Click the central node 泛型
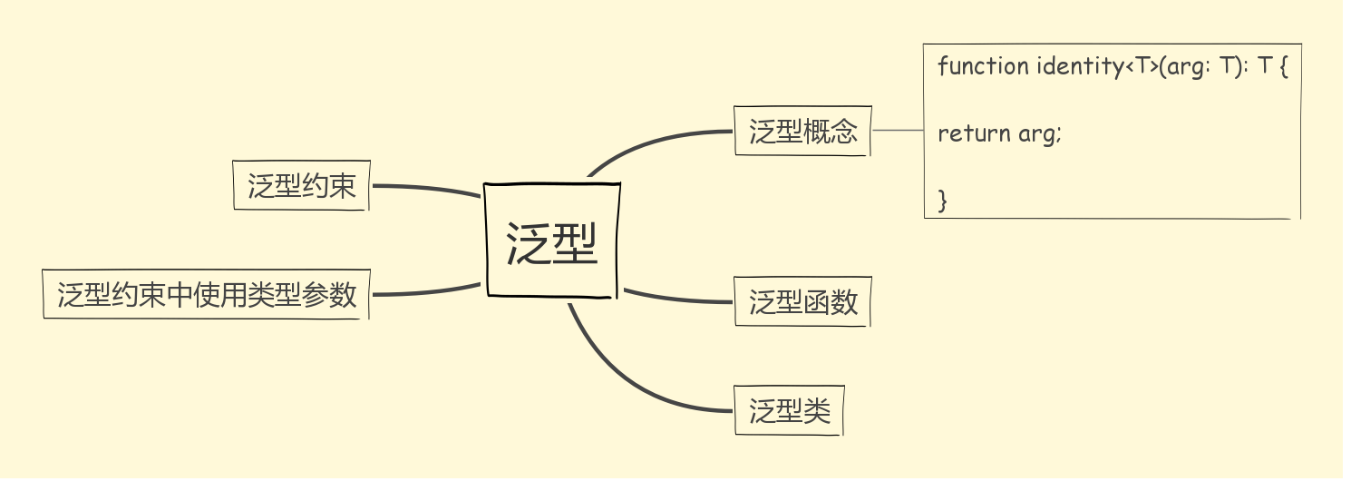tap(552, 240)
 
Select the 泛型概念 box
tap(802, 132)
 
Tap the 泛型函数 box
tap(802, 301)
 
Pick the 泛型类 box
tap(789, 411)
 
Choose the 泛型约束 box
tap(301, 186)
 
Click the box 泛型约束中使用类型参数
tap(206, 294)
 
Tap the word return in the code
tap(974, 133)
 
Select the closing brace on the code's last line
tap(943, 200)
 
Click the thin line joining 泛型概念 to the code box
tap(897, 131)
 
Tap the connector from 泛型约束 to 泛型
tap(426, 188)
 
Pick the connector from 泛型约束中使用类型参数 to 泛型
tap(426, 292)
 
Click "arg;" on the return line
tap(1039, 133)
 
